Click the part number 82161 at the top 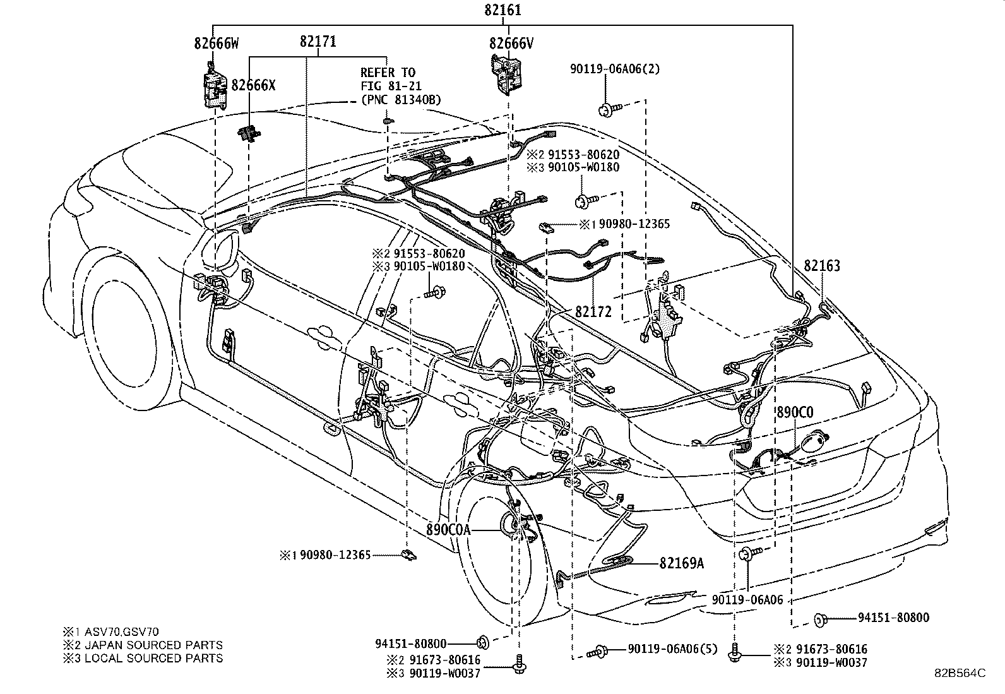[503, 10]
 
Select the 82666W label [217, 43]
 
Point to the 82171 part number [318, 42]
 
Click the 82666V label [511, 43]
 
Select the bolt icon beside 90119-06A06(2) [609, 111]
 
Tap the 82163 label [822, 266]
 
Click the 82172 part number [593, 311]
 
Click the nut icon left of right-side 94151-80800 [822, 619]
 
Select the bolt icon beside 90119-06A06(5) [598, 650]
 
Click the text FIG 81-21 [391, 86]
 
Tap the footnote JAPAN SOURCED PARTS [149, 645]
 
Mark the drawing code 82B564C [960, 673]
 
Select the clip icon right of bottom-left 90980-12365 [408, 556]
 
